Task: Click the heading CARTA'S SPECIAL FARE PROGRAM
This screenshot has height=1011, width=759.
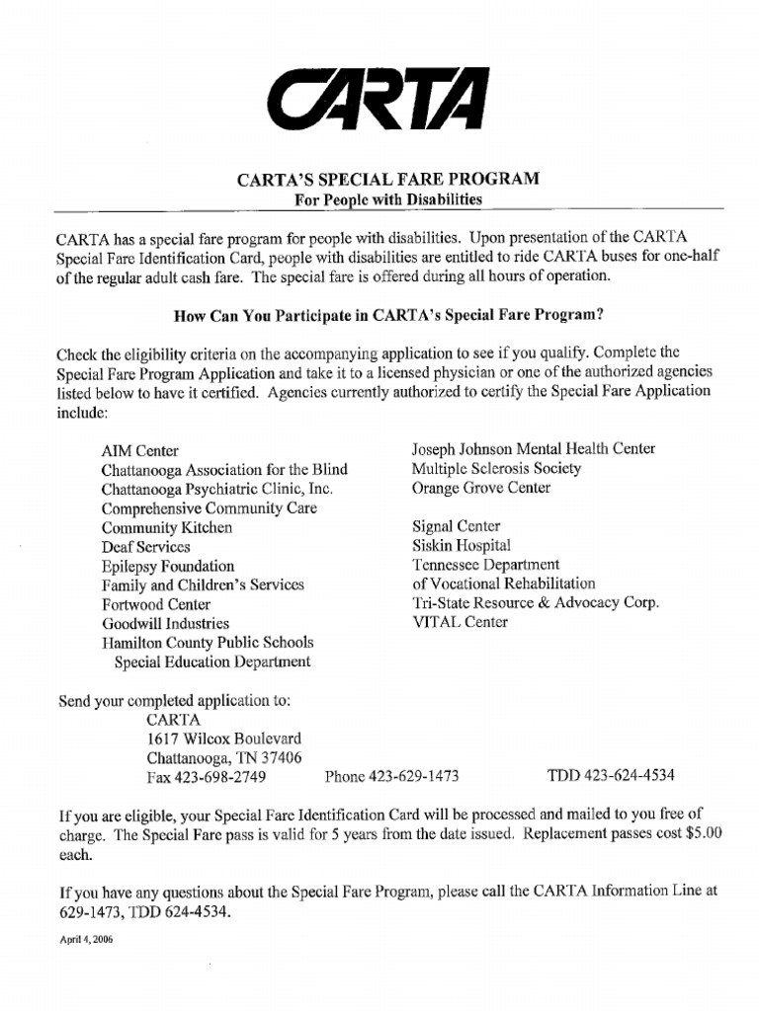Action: tap(387, 180)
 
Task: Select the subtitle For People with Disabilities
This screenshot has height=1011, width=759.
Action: tap(388, 199)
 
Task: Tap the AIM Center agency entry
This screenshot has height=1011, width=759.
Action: tap(139, 450)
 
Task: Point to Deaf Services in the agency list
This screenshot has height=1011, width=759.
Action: tap(145, 546)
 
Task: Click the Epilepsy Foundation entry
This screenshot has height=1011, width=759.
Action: tap(167, 566)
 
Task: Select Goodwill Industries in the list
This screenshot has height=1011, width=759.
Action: tap(165, 623)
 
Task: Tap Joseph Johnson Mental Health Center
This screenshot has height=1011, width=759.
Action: tap(534, 449)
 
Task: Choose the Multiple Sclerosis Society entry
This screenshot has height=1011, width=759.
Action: tap(496, 468)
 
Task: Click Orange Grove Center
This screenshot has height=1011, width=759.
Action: tap(481, 488)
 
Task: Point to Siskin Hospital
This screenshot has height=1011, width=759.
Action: tap(462, 545)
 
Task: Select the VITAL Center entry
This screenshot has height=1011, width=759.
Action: tap(461, 622)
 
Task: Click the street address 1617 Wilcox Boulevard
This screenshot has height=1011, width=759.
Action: tap(224, 739)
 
